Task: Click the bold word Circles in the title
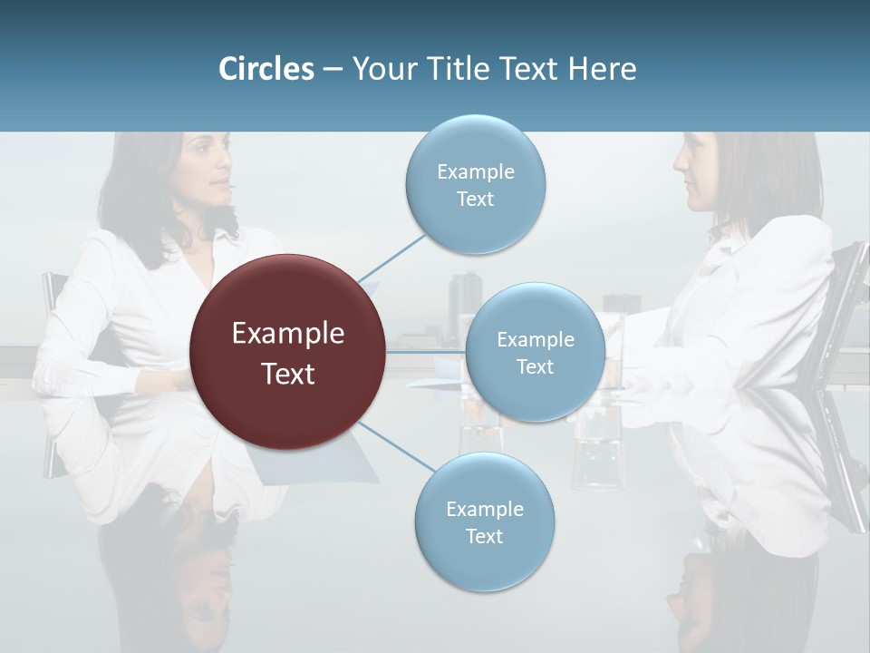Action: pyautogui.click(x=266, y=69)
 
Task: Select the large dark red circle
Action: pyautogui.click(x=287, y=352)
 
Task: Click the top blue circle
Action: pyautogui.click(x=475, y=184)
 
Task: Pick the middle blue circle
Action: pyautogui.click(x=535, y=352)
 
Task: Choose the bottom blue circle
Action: pyautogui.click(x=484, y=521)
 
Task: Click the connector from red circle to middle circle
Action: pyautogui.click(x=426, y=352)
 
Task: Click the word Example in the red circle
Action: pyautogui.click(x=287, y=334)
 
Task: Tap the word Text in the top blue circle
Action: pyautogui.click(x=475, y=200)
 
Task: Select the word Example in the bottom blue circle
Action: pyautogui.click(x=484, y=509)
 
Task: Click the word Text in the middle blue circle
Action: pyautogui.click(x=535, y=367)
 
